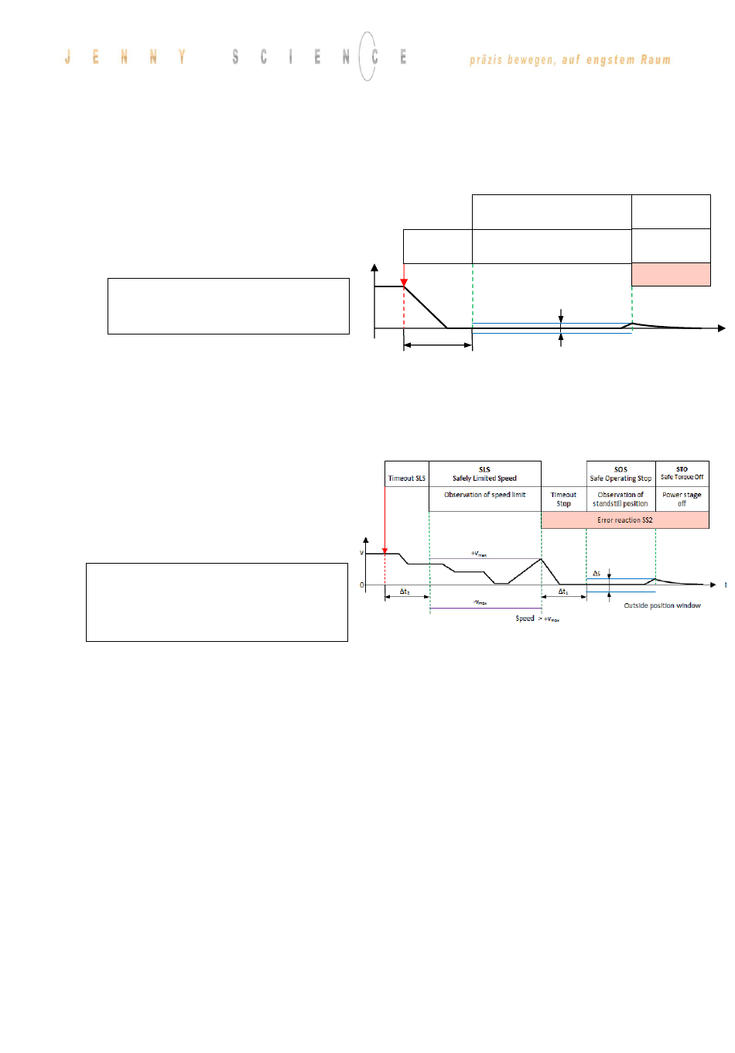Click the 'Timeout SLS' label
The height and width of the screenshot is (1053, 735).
tap(406, 478)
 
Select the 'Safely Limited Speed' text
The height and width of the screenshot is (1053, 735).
tap(484, 478)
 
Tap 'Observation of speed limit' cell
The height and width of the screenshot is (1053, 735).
tap(484, 495)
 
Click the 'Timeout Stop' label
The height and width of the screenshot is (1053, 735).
tap(563, 499)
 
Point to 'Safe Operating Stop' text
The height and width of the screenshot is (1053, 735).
tap(620, 478)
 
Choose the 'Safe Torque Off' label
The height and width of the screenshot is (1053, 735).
tap(682, 477)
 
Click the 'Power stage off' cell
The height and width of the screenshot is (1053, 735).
tap(682, 499)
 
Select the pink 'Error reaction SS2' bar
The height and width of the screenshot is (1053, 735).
tap(624, 520)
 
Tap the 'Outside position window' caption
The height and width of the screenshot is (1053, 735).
tap(662, 605)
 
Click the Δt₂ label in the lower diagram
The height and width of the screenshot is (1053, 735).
tap(405, 592)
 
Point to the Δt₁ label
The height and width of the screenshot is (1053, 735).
tap(563, 592)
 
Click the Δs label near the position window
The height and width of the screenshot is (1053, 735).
tap(597, 574)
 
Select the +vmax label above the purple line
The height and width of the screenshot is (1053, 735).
tap(479, 554)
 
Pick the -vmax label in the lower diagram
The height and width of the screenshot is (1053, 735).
tap(480, 602)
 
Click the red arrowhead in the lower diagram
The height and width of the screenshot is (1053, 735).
tap(385, 551)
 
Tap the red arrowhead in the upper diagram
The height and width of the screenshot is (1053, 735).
tap(404, 283)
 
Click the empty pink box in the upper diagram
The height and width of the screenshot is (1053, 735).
tap(671, 274)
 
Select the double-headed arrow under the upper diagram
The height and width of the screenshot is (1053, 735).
tap(438, 345)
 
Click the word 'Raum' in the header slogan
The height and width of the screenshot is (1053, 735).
tap(655, 60)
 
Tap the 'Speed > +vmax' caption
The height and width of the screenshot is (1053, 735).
tap(537, 619)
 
